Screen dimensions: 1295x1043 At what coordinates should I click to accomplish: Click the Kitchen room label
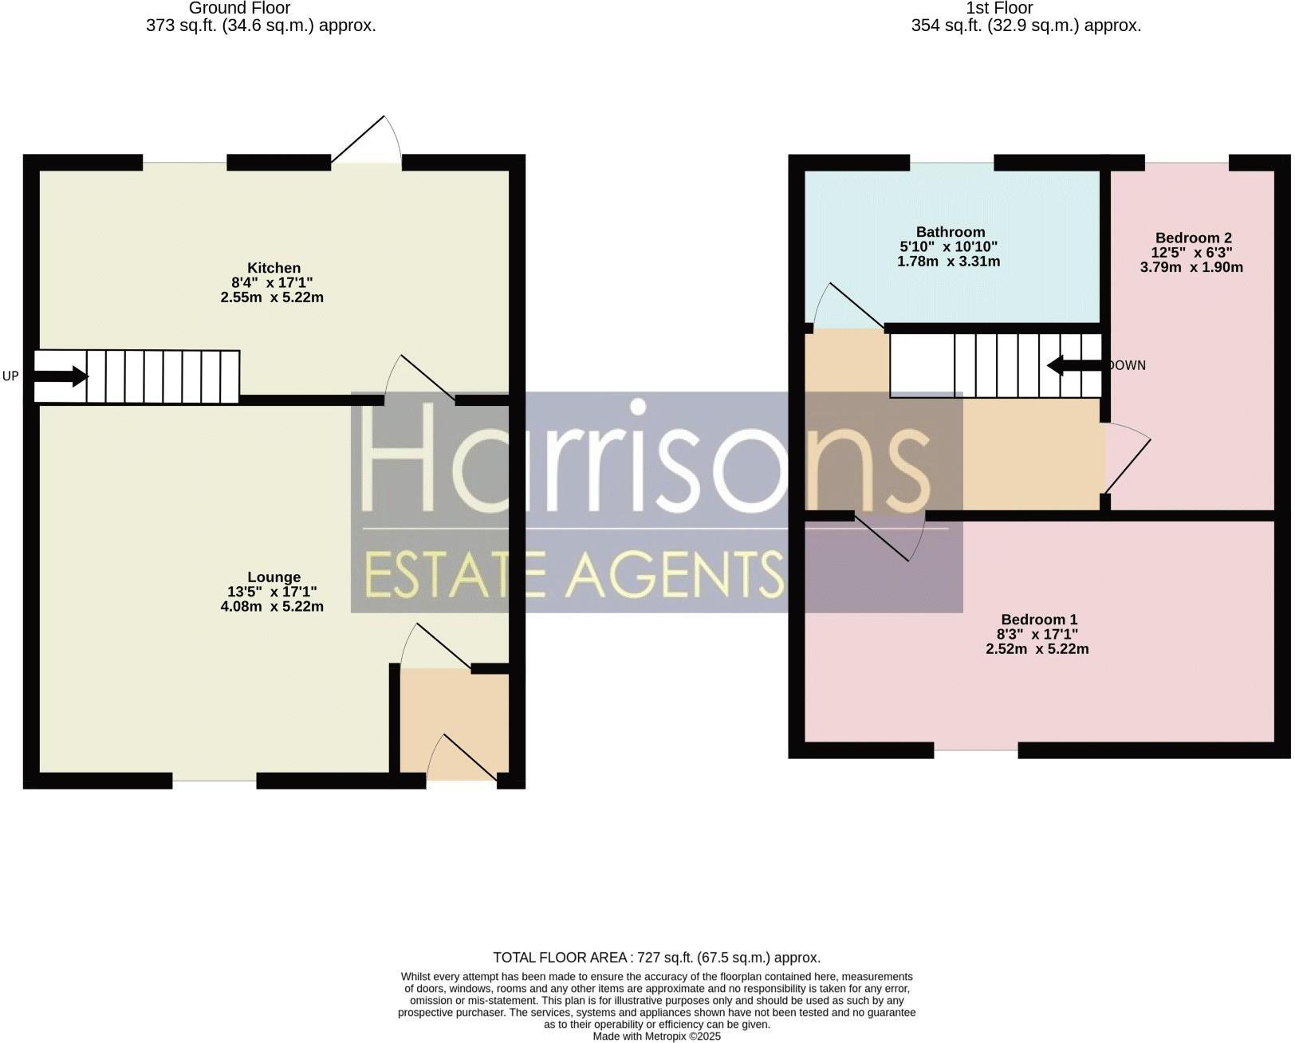274,268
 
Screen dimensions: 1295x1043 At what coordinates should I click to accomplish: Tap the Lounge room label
274,577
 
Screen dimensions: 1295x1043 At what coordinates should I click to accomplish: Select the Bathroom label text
951,232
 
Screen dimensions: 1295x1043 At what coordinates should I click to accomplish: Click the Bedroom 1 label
1039,620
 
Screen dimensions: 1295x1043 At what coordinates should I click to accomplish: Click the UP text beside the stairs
10,376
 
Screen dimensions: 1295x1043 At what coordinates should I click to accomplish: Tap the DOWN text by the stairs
1127,365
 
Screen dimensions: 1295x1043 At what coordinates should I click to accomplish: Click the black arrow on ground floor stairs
60,376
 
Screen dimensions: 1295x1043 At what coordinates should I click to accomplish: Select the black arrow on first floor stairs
1077,365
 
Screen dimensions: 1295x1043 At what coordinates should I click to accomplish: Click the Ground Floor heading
239,8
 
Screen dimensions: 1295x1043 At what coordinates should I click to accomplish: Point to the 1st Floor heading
999,8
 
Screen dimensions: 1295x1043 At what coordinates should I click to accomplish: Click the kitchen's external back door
367,139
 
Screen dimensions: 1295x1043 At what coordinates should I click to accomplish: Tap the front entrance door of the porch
462,758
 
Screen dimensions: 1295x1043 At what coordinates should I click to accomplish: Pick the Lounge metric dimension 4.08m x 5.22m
272,607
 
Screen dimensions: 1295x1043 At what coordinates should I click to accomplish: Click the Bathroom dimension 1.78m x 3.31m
948,262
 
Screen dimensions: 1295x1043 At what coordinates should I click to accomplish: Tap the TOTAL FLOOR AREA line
656,958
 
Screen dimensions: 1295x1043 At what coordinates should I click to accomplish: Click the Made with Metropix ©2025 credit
656,1037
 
